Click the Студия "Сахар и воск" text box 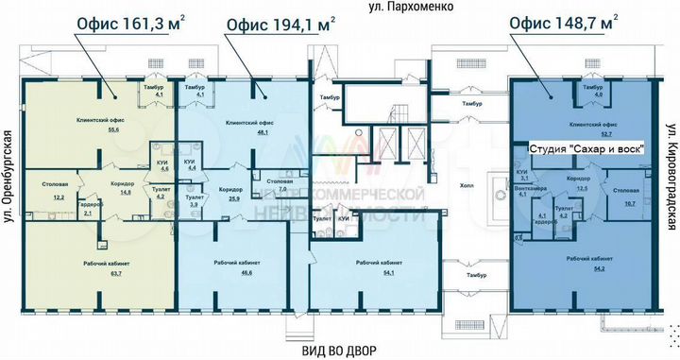coord(586,148)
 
